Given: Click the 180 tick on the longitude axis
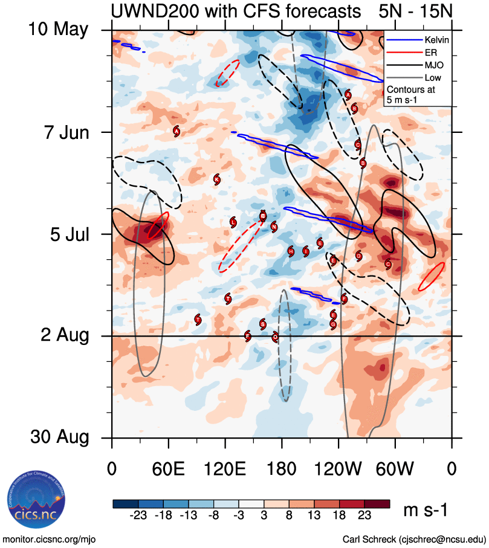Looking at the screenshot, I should pos(282,468).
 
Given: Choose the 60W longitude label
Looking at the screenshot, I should pos(395,468).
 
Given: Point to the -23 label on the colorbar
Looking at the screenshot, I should pos(139,514).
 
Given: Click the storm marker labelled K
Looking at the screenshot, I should pos(217,179).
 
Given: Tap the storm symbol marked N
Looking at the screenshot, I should pos(274,227).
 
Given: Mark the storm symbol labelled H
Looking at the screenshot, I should pos(291,251).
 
